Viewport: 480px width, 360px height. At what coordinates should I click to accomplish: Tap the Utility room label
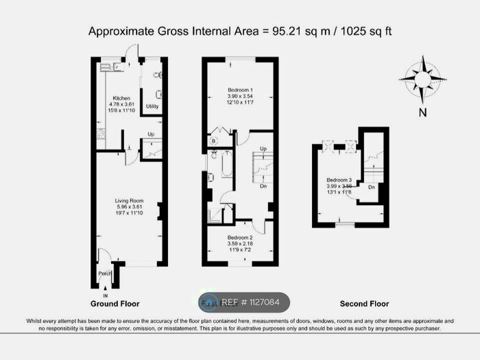click(152, 106)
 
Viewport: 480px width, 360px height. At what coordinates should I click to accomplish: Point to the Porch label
click(105, 274)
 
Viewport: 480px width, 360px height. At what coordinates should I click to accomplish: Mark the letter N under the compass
click(423, 112)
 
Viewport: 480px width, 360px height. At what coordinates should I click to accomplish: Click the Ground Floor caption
click(115, 303)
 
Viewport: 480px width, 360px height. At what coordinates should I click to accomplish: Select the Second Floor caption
click(364, 303)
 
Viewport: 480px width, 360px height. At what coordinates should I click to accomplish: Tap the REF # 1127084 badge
click(244, 302)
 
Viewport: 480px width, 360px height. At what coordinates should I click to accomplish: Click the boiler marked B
click(213, 141)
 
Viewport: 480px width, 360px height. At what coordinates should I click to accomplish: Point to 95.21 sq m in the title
click(294, 32)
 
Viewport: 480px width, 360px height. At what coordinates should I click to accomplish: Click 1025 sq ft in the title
click(366, 32)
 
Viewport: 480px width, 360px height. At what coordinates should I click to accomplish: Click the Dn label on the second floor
click(371, 187)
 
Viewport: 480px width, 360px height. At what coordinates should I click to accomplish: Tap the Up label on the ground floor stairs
click(151, 134)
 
